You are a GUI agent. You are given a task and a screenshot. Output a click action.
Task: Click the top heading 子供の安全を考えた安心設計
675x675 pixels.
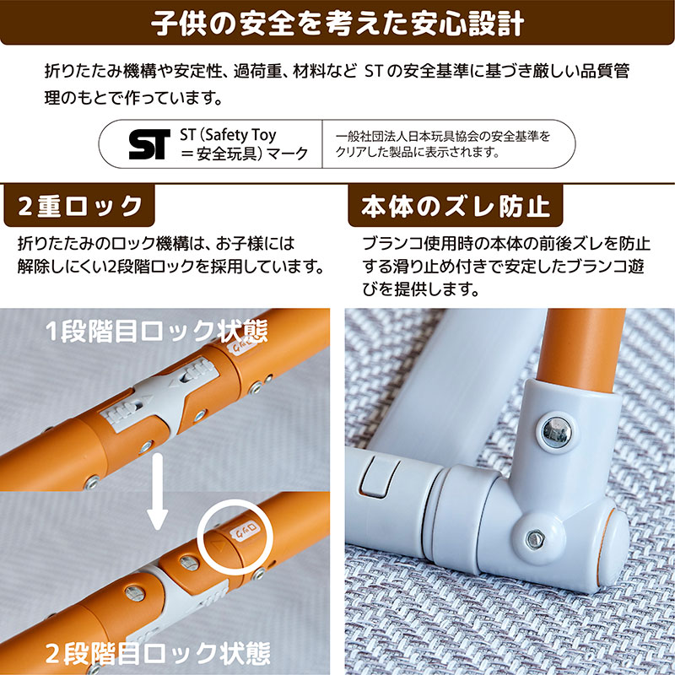point(337,22)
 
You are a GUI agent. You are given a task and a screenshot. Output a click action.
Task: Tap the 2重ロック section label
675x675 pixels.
point(80,206)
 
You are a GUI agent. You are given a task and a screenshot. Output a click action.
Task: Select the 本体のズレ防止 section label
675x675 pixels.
point(456,206)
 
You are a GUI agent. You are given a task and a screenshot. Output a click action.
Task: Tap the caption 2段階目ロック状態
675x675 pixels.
point(158,651)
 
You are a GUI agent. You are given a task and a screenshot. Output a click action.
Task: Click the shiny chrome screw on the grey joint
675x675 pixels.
point(556,429)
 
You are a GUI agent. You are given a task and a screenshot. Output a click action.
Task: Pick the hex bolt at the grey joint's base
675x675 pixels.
point(534,538)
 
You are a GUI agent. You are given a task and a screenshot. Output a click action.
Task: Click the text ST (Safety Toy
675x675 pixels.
point(228,134)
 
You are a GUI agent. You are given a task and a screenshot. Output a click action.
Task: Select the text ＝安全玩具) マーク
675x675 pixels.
point(244,154)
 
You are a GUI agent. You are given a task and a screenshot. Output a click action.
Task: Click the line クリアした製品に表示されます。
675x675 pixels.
point(418,153)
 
